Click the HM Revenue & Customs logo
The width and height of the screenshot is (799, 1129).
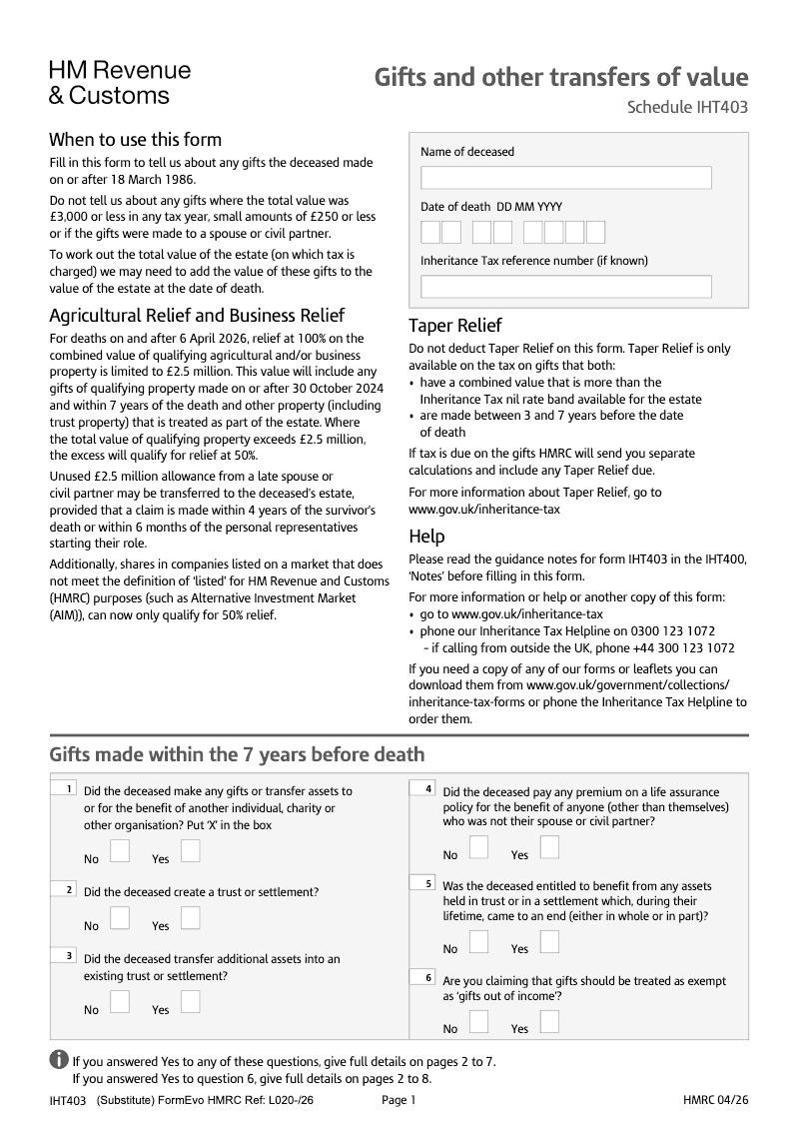coord(119,83)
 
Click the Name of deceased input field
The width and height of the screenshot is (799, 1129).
coord(565,178)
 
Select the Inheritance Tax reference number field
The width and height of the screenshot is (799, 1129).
coord(565,287)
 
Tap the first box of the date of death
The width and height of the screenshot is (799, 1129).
coord(430,233)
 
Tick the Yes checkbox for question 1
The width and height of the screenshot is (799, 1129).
coord(190,850)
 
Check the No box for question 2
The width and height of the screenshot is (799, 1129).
coord(120,917)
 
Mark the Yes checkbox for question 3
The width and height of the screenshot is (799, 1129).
coord(190,1001)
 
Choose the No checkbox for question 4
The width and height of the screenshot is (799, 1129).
coord(479,847)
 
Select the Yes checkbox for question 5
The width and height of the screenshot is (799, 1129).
coord(548,941)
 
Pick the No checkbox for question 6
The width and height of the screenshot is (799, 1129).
coord(479,1021)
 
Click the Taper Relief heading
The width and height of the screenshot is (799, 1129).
coord(455,326)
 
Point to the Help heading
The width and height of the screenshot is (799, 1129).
coord(427,537)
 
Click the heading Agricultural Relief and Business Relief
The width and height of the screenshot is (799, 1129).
coord(197,316)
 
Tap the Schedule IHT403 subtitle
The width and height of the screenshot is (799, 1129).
coord(687,108)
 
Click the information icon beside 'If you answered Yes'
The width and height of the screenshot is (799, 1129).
coord(59,1060)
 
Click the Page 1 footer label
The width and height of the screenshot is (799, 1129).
coord(399,1100)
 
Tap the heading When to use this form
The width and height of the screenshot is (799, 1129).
coord(136,140)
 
